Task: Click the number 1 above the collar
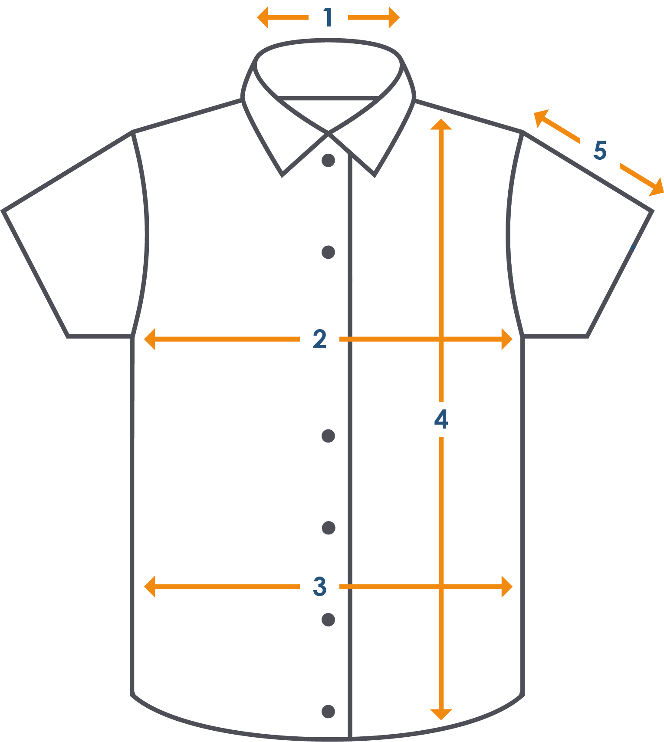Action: click(x=328, y=18)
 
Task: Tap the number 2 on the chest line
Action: click(x=319, y=339)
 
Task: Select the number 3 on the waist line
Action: click(x=319, y=587)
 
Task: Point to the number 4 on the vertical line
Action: click(x=441, y=419)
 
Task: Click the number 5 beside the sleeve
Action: click(x=600, y=150)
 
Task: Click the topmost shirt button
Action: click(x=328, y=160)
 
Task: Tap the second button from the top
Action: click(x=328, y=252)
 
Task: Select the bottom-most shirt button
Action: click(x=328, y=712)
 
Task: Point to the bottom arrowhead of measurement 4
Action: click(x=441, y=714)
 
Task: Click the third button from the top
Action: click(x=328, y=436)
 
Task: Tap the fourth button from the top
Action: click(x=329, y=528)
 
